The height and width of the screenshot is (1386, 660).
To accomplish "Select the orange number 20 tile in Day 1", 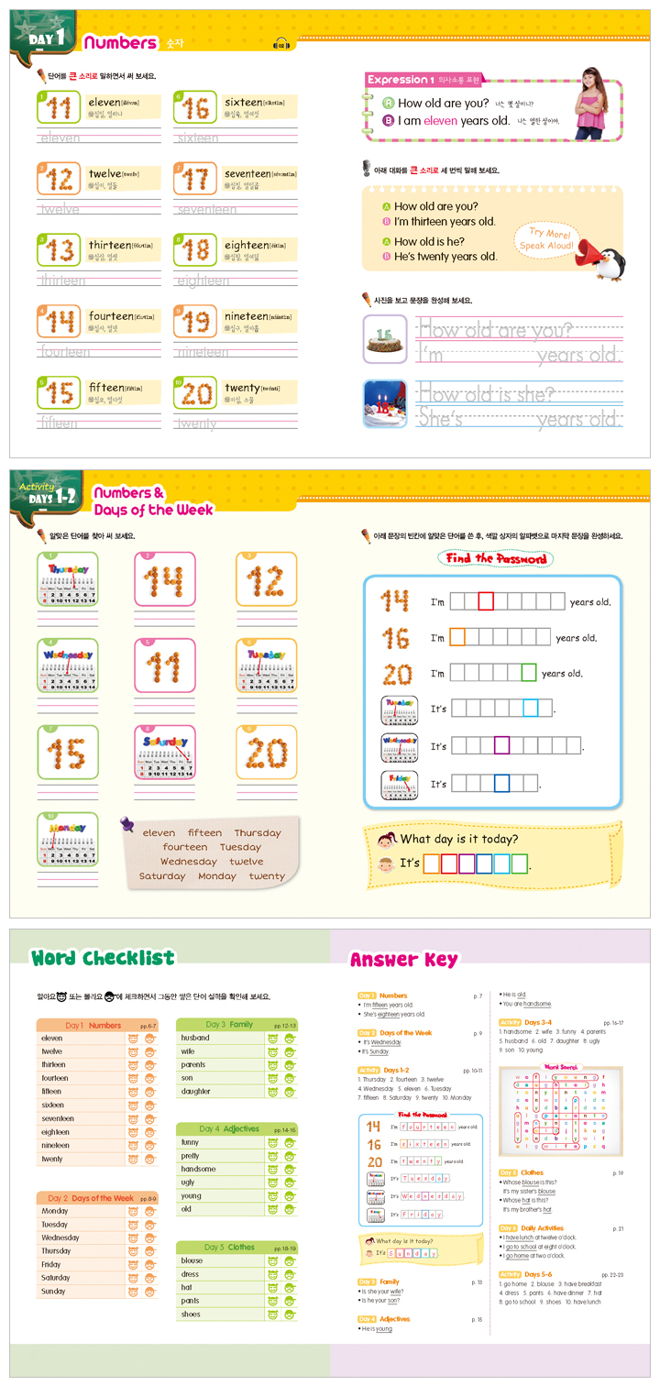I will (195, 393).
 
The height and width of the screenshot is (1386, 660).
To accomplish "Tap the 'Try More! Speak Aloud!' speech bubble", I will (546, 240).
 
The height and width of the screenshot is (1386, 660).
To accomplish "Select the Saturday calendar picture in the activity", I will (165, 756).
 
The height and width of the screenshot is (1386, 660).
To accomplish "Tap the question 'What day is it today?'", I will (459, 839).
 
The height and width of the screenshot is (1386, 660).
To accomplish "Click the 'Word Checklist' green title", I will (103, 959).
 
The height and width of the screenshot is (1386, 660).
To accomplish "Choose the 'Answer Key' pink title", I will (403, 961).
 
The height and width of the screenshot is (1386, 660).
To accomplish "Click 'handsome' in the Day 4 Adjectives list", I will (199, 1169).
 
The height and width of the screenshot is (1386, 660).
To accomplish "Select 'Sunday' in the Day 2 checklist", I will (53, 1291).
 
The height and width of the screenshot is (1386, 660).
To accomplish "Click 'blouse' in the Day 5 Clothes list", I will (192, 1260).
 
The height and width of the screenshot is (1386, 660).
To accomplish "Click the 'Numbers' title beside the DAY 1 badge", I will (120, 42).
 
